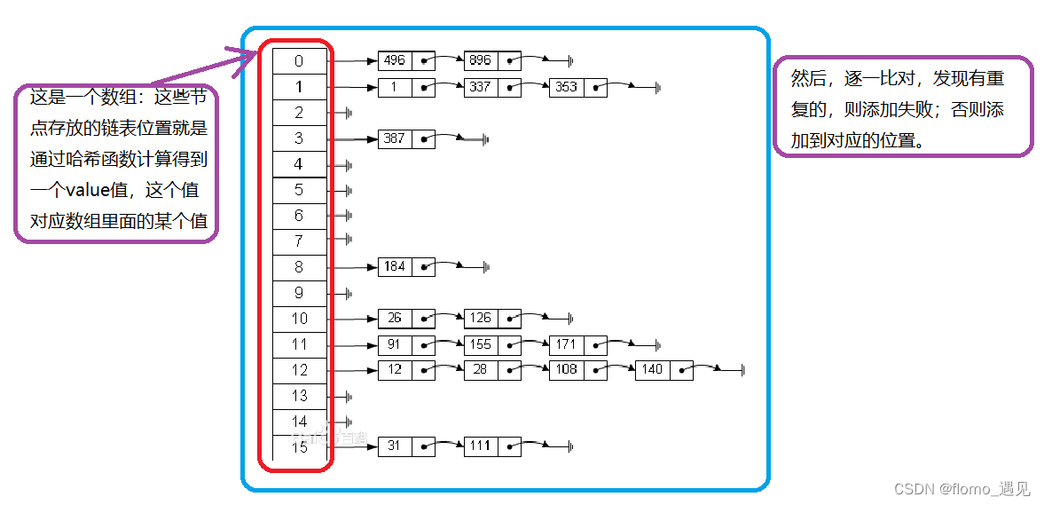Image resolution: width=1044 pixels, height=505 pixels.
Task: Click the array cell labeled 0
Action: click(299, 61)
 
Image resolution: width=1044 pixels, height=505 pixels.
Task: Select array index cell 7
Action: click(299, 241)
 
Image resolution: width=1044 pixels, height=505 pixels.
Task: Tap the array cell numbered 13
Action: click(299, 395)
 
